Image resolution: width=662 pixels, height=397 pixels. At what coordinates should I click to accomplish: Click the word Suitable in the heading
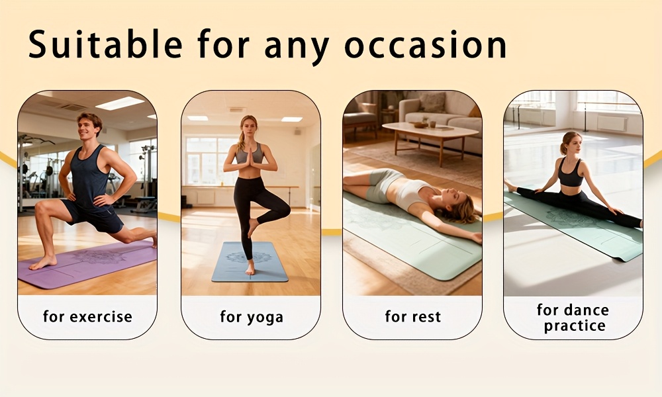(x=105, y=45)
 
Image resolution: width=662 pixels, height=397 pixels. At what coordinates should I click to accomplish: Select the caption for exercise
(x=87, y=316)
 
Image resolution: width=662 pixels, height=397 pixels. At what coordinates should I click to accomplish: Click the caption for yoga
(x=252, y=317)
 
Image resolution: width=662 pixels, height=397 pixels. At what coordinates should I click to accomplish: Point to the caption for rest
(x=412, y=317)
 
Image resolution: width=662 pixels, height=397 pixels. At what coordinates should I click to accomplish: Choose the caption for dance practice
(x=573, y=318)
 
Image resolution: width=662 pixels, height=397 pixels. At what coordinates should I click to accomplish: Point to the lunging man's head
(x=89, y=125)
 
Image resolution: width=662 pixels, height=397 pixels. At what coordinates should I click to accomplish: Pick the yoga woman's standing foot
(x=250, y=269)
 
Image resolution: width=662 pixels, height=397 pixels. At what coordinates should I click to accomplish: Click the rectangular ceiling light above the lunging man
(x=120, y=103)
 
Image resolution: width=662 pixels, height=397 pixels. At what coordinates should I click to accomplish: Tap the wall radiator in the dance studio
(x=612, y=123)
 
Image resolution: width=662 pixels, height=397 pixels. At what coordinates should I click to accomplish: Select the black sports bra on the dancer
(x=570, y=176)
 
